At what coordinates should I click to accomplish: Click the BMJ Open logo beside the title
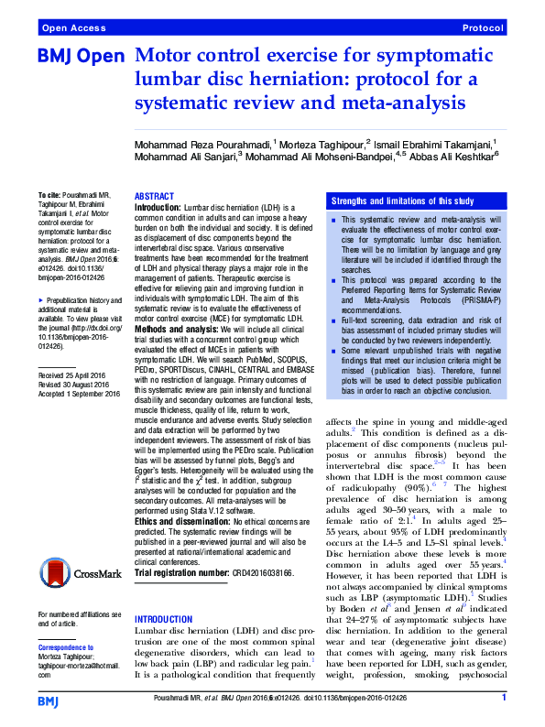[x=81, y=58]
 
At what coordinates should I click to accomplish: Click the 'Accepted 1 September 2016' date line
[x=81, y=420]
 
